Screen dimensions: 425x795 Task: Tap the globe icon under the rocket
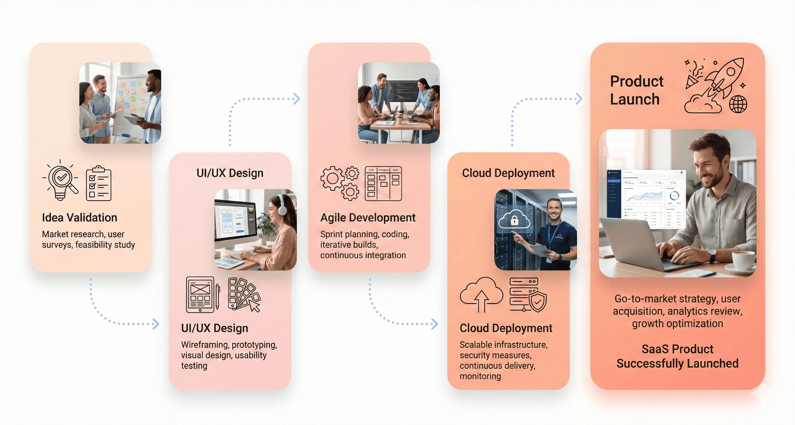738,104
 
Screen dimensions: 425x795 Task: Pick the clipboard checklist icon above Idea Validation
99,183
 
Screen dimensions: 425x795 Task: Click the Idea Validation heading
79,217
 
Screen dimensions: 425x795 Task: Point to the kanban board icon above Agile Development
383,183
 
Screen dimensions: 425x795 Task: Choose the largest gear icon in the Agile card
332,178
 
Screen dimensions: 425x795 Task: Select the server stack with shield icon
528,295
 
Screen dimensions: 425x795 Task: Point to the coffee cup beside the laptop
743,261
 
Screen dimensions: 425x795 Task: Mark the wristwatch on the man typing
712,255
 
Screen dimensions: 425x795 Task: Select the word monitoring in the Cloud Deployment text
480,376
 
